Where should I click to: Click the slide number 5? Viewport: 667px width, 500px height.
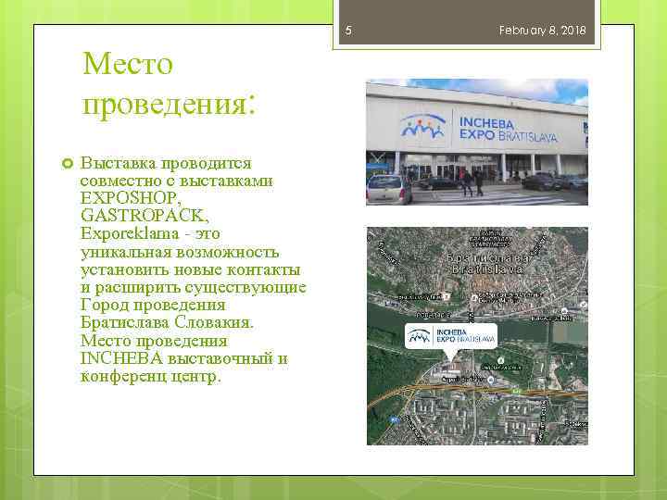pos(348,31)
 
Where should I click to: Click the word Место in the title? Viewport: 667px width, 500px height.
pos(128,65)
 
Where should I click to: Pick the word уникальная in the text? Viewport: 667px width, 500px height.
pos(122,252)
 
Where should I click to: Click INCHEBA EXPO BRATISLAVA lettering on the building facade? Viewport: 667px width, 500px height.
pos(504,127)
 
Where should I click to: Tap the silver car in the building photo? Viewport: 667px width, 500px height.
pos(388,190)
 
